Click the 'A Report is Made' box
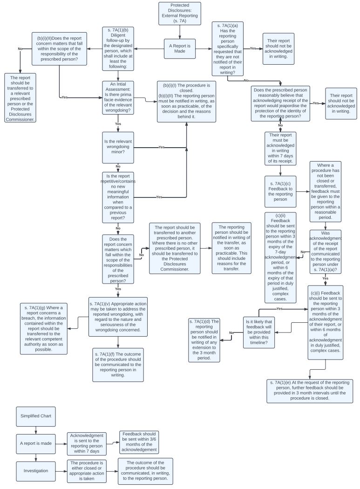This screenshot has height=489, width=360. tap(180, 48)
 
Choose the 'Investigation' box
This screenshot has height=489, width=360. tap(35, 470)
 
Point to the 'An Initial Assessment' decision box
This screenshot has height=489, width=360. tap(118, 98)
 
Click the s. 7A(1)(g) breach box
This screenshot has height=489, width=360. tap(44, 328)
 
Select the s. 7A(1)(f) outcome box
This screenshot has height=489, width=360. tap(118, 365)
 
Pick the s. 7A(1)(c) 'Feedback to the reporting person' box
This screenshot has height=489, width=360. tap(280, 191)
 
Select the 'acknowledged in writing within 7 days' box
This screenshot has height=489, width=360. tap(280, 148)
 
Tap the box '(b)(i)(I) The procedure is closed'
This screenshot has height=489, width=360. tap(186, 101)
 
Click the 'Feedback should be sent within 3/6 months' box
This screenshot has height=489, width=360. tap(139, 442)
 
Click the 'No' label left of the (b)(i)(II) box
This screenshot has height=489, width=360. tap(20, 49)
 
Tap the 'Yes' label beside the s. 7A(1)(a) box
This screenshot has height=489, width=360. tap(253, 48)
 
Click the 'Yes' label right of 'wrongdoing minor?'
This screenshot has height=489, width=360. tap(161, 147)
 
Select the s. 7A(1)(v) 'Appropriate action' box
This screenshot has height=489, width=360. tap(118, 316)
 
